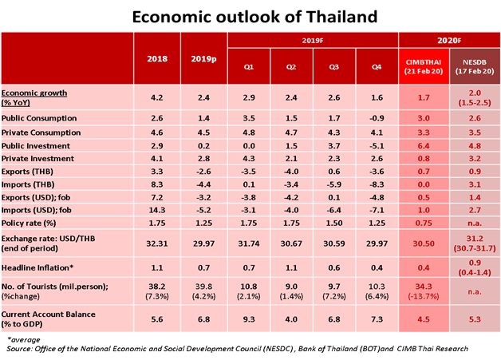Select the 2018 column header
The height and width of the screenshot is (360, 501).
coord(158,59)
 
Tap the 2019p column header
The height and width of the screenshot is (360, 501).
coord(204,59)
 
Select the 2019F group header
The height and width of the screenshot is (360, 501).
coord(313,39)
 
